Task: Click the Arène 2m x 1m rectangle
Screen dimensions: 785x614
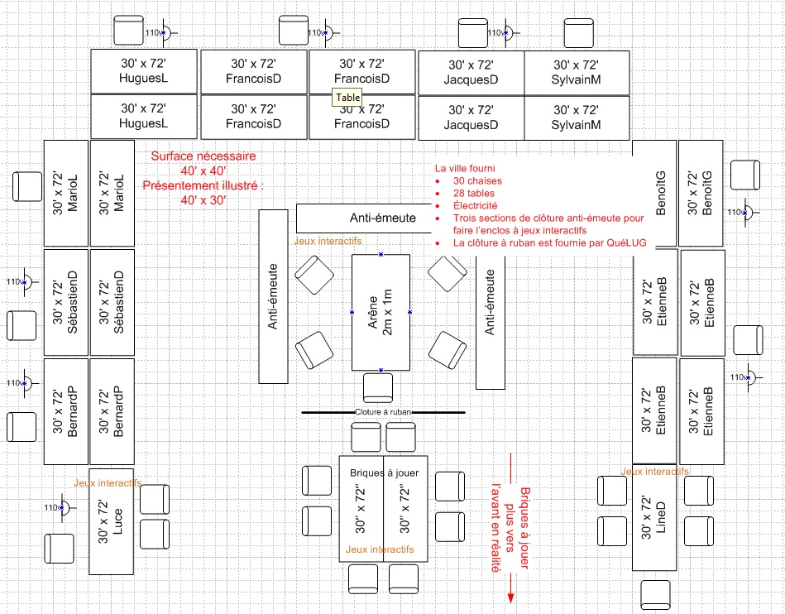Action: coord(381,313)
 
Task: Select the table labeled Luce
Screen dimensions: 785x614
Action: coord(111,521)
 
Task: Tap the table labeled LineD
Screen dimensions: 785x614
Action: coord(654,517)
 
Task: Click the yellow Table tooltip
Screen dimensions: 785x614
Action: coord(347,98)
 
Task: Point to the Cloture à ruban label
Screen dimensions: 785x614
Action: coord(383,412)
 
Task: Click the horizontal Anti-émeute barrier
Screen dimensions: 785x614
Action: coord(364,218)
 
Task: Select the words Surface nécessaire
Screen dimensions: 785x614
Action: coord(203,156)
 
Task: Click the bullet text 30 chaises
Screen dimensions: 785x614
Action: coord(477,180)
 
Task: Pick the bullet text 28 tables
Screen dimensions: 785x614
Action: coord(474,194)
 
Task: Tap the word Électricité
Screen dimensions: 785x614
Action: coord(475,206)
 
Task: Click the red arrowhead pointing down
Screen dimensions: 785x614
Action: coord(510,598)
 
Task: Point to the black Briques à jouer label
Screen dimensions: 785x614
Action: coord(384,472)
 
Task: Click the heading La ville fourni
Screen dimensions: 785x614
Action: coord(465,168)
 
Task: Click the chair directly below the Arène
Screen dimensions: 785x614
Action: coord(378,388)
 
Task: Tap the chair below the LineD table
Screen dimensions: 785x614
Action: coord(655,596)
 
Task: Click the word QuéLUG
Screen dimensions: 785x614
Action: coord(626,243)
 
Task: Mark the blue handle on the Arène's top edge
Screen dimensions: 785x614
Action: coord(381,254)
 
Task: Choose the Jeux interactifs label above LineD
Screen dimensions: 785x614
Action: coord(654,472)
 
